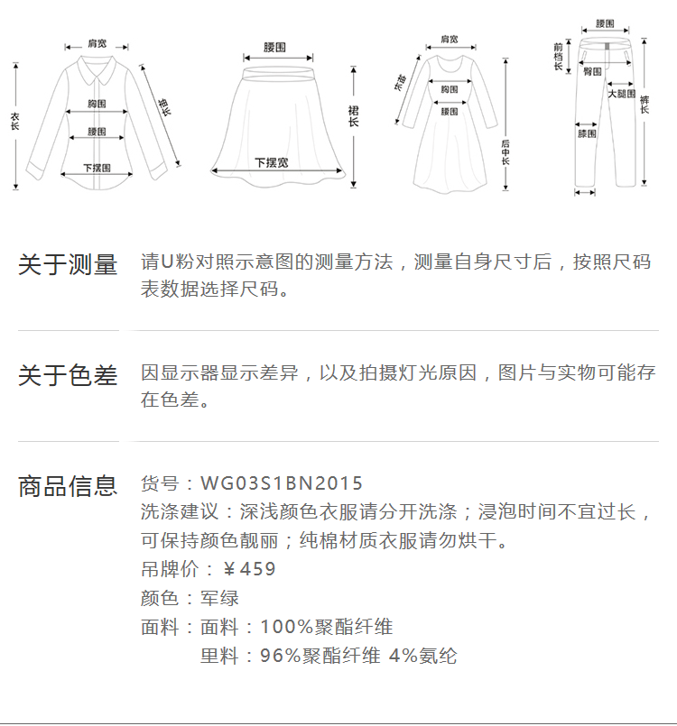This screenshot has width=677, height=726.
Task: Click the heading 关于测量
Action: click(68, 265)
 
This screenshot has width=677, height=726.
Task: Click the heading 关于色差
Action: click(68, 375)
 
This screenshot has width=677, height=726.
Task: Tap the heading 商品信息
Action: click(68, 486)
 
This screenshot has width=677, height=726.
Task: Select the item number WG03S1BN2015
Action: click(282, 484)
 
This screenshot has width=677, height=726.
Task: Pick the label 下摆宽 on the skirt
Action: click(271, 162)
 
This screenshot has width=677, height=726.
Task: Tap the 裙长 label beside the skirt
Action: click(353, 115)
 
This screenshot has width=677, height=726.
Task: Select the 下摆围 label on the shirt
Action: click(97, 167)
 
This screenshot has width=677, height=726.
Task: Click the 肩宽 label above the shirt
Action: click(97, 43)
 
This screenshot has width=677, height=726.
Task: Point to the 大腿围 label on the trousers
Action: click(620, 94)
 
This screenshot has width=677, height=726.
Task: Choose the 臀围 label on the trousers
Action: click(592, 70)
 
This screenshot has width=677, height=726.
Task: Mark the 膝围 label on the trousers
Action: click(587, 133)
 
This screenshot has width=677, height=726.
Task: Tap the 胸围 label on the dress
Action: click(450, 89)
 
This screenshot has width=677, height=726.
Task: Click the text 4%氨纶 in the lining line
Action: click(422, 656)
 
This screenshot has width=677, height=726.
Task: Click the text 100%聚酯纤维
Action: click(327, 627)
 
